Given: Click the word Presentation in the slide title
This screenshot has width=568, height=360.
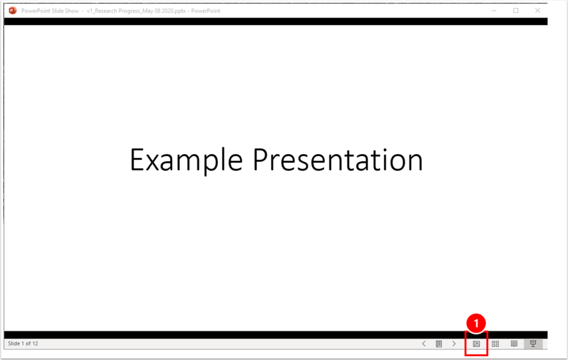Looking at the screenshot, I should (x=337, y=160).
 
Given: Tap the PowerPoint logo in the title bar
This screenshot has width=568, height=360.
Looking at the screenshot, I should (x=12, y=11).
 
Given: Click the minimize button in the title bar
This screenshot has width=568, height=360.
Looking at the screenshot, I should (x=493, y=11).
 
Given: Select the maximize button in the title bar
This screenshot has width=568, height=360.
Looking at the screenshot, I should (x=516, y=11).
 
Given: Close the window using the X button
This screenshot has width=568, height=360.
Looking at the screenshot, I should (x=537, y=11).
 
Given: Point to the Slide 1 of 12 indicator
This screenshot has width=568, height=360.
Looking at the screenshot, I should (x=23, y=343).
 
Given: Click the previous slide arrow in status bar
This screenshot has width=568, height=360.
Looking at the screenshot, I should (x=424, y=344).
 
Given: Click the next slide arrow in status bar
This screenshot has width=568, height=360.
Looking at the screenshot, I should (x=454, y=344).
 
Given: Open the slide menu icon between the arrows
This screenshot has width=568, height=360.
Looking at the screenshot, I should (x=439, y=344).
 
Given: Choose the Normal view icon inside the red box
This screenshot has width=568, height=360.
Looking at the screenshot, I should (x=476, y=344).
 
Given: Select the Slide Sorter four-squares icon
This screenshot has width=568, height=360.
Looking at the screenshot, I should (x=495, y=344).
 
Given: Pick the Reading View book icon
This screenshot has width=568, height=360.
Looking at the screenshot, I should (x=514, y=344).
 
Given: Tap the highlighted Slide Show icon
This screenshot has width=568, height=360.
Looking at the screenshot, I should (x=533, y=344).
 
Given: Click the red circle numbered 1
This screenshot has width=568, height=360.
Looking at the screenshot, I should (x=476, y=323).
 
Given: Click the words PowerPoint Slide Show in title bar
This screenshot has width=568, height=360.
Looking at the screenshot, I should (x=50, y=11).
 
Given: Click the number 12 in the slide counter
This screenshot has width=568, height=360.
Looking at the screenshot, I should (x=35, y=343).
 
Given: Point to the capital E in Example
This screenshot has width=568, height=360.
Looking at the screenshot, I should (x=136, y=160).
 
